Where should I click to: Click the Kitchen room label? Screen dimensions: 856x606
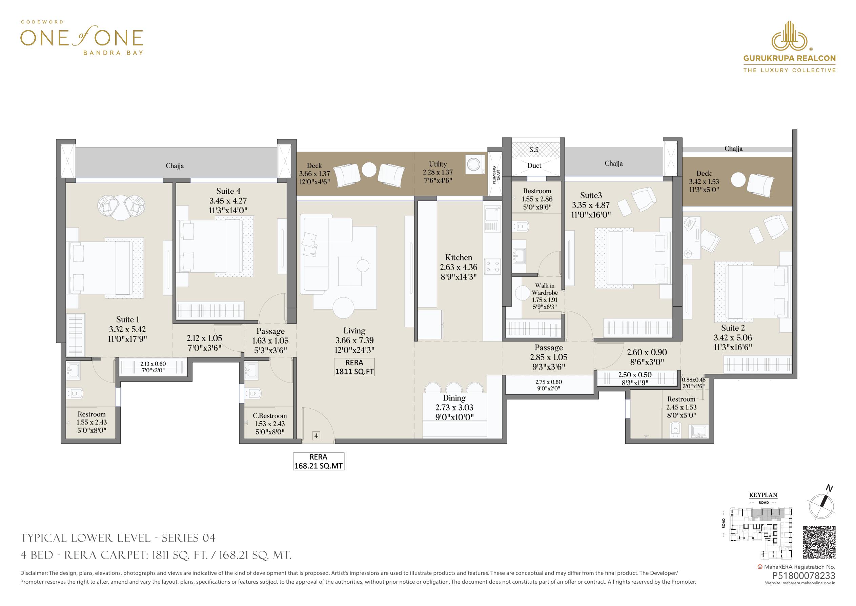(x=458, y=257)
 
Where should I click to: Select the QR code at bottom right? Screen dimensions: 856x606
(x=819, y=547)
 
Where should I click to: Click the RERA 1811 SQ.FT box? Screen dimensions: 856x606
(x=354, y=367)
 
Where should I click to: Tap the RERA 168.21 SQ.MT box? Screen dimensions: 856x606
(x=319, y=461)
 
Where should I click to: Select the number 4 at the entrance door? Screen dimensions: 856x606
(x=316, y=435)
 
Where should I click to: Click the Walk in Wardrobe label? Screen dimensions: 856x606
(x=545, y=289)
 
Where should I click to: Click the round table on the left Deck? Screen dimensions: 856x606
(x=369, y=170)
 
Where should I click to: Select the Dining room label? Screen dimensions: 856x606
(x=454, y=398)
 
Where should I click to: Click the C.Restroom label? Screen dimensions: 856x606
(x=270, y=416)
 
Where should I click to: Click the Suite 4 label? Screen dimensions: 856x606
(x=228, y=191)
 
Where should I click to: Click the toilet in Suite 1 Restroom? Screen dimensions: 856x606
(x=75, y=393)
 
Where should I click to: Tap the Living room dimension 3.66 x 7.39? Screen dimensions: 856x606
(x=354, y=340)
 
